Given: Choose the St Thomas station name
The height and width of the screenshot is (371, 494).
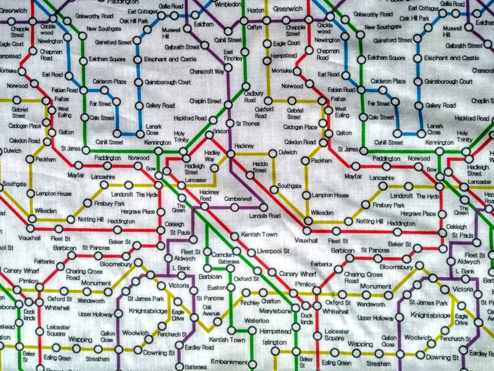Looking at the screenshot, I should pyautogui.click(x=245, y=124).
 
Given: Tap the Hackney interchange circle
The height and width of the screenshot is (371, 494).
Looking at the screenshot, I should pyautogui.click(x=231, y=153).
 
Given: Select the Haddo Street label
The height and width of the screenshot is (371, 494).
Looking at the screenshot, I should pyautogui.click(x=260, y=167).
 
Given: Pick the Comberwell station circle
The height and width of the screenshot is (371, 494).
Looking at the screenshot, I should pyautogui.click(x=234, y=207).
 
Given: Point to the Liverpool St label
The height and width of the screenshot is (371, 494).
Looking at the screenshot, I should pyautogui.click(x=273, y=251).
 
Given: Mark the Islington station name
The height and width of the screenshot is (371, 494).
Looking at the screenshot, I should pyautogui.click(x=271, y=342).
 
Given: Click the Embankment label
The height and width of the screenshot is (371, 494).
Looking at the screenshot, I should pyautogui.click(x=229, y=361).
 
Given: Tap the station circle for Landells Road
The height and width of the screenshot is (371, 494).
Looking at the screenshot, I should pyautogui.click(x=262, y=207).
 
